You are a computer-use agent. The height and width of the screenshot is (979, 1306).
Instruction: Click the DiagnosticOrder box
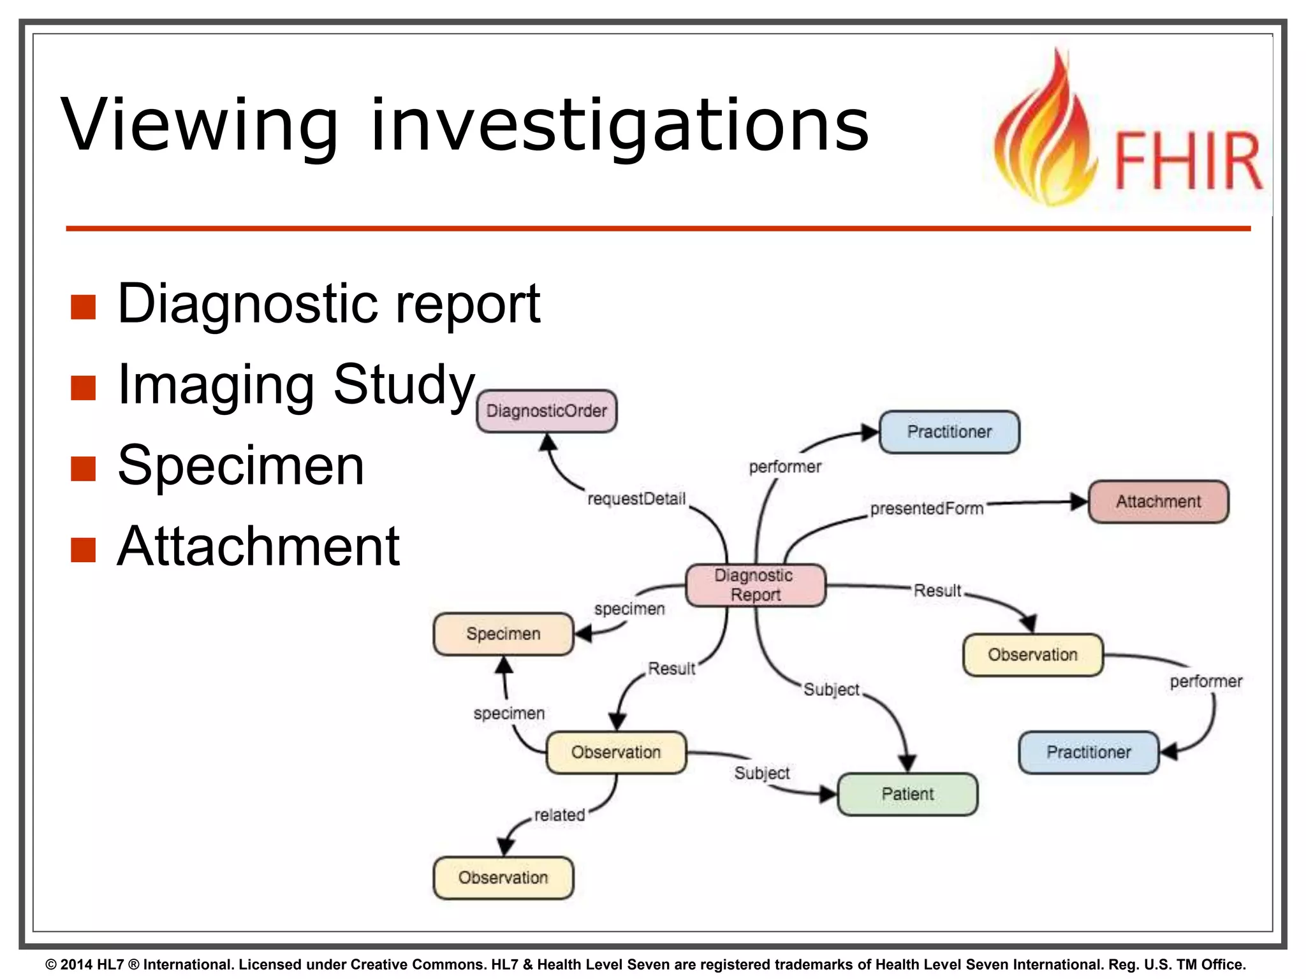[547, 411]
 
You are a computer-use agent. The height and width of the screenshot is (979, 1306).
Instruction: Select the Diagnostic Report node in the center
[755, 585]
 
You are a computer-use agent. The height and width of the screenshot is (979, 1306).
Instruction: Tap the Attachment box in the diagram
[1158, 502]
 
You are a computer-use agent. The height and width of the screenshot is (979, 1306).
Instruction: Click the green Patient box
[907, 794]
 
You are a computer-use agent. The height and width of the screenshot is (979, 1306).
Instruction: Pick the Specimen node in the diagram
[503, 634]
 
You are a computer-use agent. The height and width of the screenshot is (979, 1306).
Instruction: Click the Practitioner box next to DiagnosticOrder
[949, 432]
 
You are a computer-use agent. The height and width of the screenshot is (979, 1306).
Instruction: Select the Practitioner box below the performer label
[1089, 753]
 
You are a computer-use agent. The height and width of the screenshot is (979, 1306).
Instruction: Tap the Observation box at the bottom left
[503, 878]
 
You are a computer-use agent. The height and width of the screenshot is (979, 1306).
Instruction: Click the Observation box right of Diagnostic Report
[1032, 655]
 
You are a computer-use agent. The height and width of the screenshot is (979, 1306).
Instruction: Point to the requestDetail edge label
[636, 498]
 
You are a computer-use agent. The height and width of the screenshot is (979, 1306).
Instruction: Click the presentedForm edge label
[927, 509]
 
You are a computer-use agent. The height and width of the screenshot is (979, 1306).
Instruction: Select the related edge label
[559, 815]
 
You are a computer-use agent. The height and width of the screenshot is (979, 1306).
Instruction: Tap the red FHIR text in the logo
[1187, 161]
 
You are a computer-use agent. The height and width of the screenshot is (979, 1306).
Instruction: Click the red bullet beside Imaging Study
[84, 388]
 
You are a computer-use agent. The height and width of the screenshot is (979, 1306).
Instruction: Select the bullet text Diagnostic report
[328, 304]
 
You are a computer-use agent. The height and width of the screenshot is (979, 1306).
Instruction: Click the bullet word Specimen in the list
[241, 466]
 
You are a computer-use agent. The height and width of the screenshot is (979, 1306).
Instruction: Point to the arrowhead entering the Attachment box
[1079, 502]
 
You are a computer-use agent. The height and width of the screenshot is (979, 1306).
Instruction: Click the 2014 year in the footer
[77, 964]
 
